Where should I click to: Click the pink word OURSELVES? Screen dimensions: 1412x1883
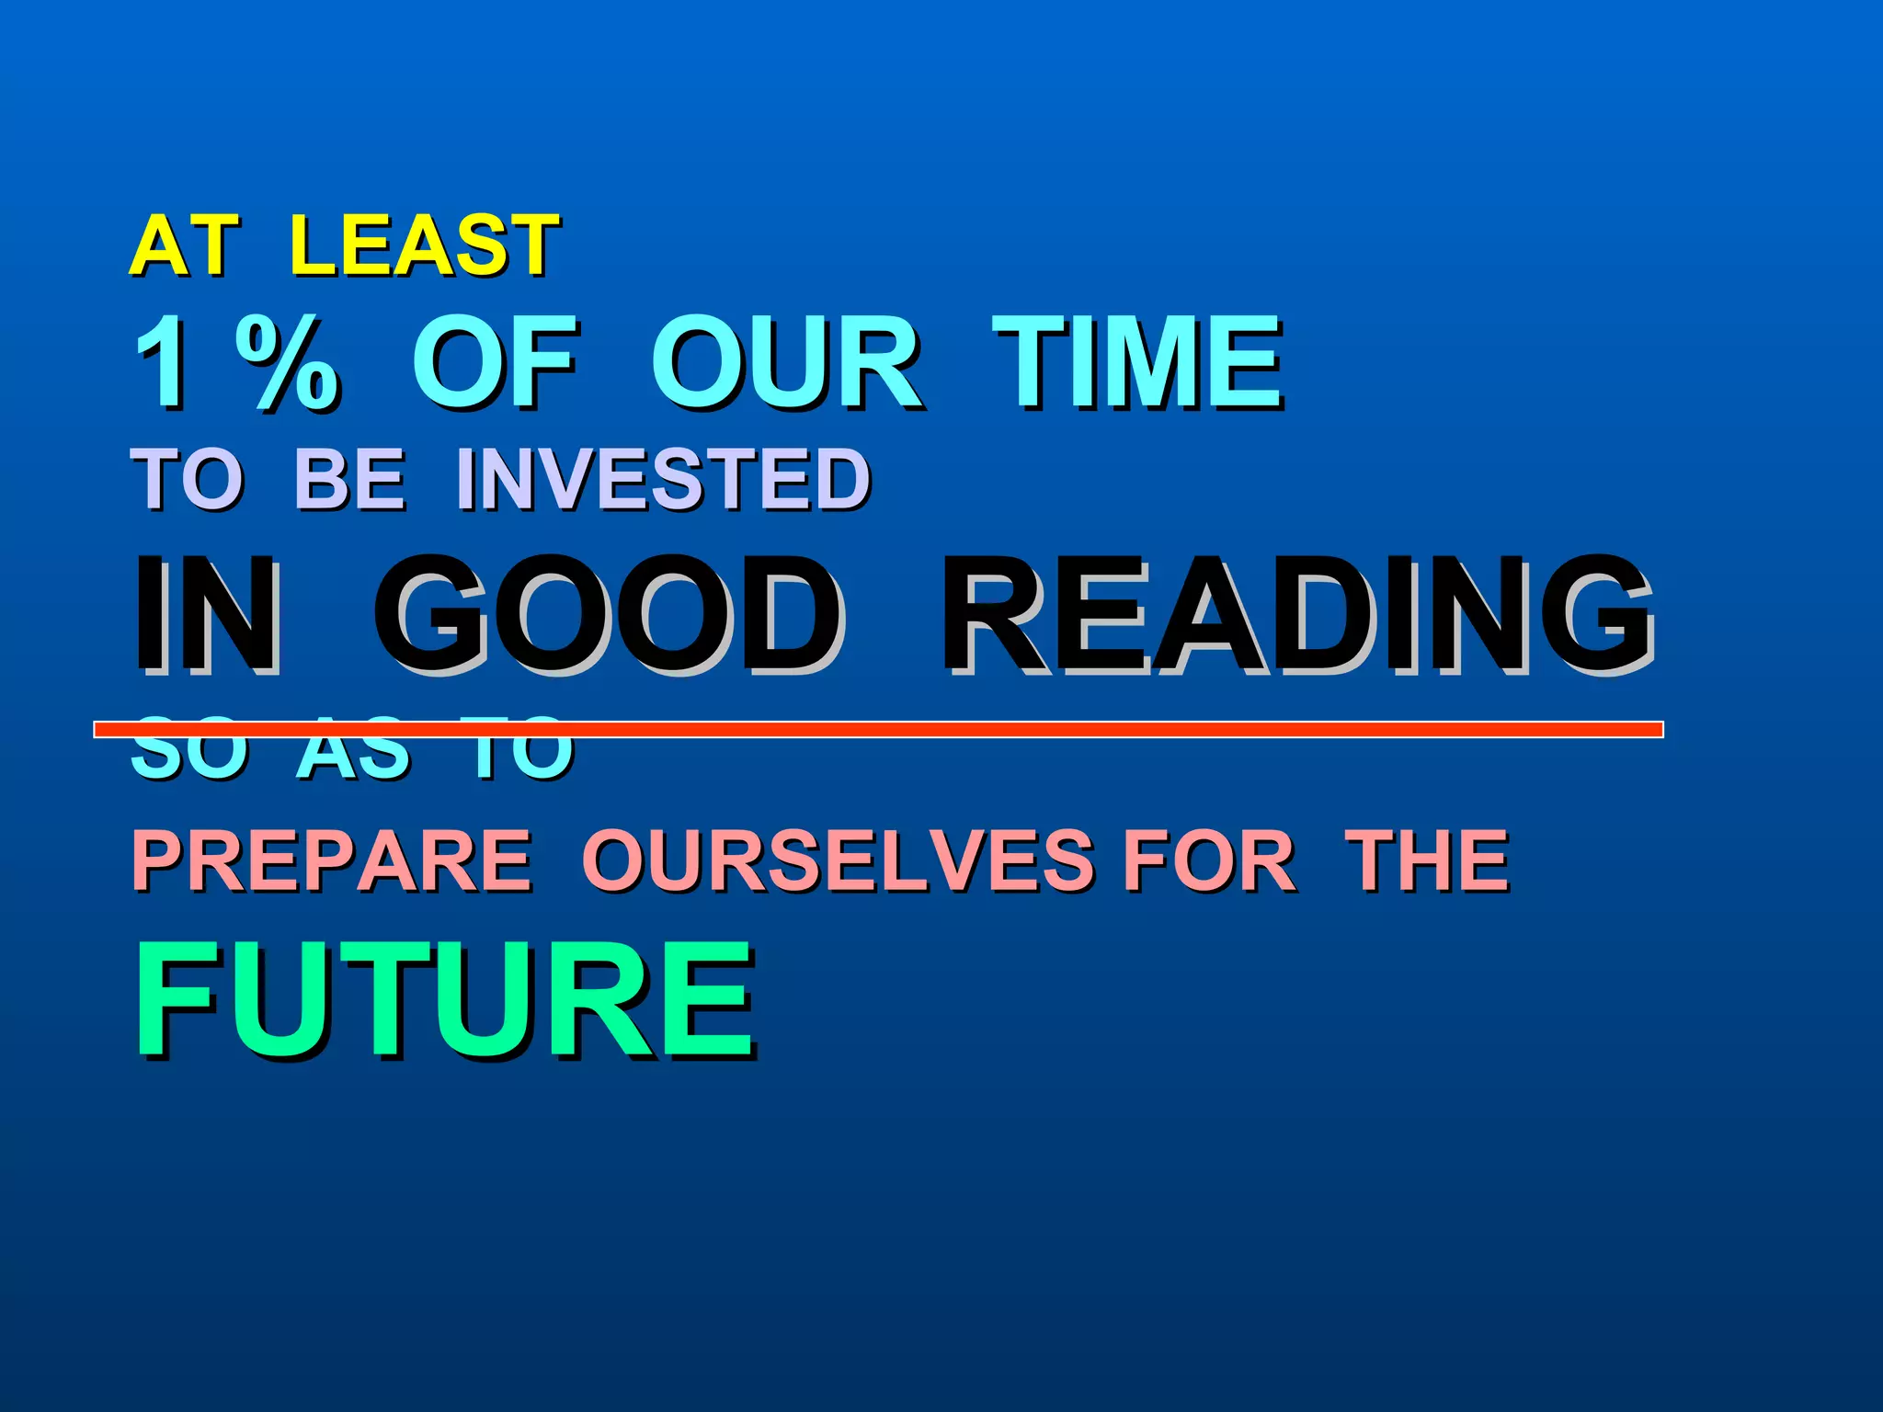[838, 860]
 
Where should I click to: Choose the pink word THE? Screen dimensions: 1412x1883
[1427, 860]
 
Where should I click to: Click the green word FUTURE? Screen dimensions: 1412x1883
[445, 999]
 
